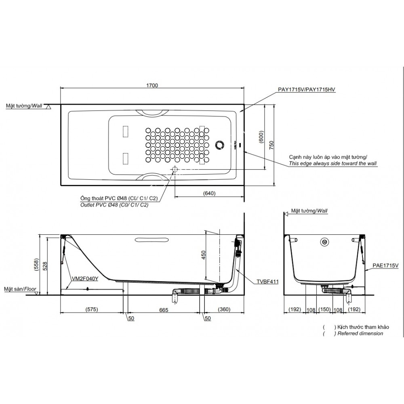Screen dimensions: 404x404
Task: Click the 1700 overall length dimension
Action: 152,85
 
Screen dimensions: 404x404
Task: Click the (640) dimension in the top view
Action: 209,193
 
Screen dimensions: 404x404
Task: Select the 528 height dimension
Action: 44,265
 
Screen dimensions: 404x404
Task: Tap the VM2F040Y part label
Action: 84,278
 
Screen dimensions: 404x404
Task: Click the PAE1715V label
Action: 385,265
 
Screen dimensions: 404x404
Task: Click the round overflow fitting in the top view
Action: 220,144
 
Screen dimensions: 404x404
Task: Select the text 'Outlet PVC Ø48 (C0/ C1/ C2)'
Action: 115,205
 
